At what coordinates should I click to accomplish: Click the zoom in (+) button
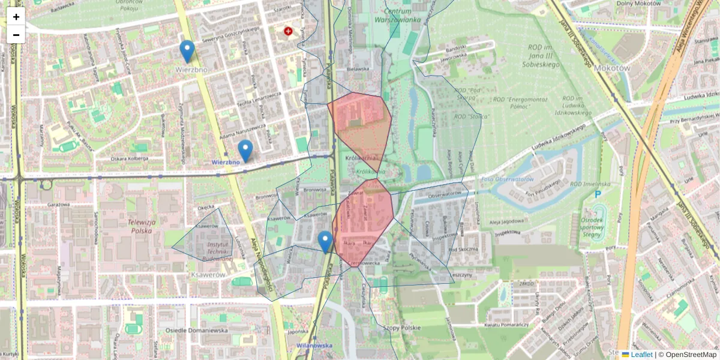click(x=16, y=17)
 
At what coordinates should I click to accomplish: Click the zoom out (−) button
click(x=16, y=34)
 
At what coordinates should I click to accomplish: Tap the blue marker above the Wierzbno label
click(x=187, y=51)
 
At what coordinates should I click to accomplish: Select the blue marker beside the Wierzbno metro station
click(x=245, y=151)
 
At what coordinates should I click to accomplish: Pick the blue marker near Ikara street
click(x=325, y=242)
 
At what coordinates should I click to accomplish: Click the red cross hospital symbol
click(x=289, y=30)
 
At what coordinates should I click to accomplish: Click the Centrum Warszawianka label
click(x=397, y=16)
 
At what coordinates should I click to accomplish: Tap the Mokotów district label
click(x=611, y=68)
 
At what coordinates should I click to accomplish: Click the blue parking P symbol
click(x=598, y=194)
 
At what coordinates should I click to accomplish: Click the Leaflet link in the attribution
click(x=641, y=355)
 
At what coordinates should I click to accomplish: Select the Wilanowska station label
click(x=314, y=346)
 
